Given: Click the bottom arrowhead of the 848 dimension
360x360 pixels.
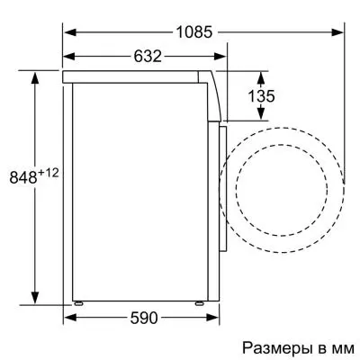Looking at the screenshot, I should tap(35, 301).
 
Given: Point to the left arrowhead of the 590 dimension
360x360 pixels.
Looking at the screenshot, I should tap(69, 317).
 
